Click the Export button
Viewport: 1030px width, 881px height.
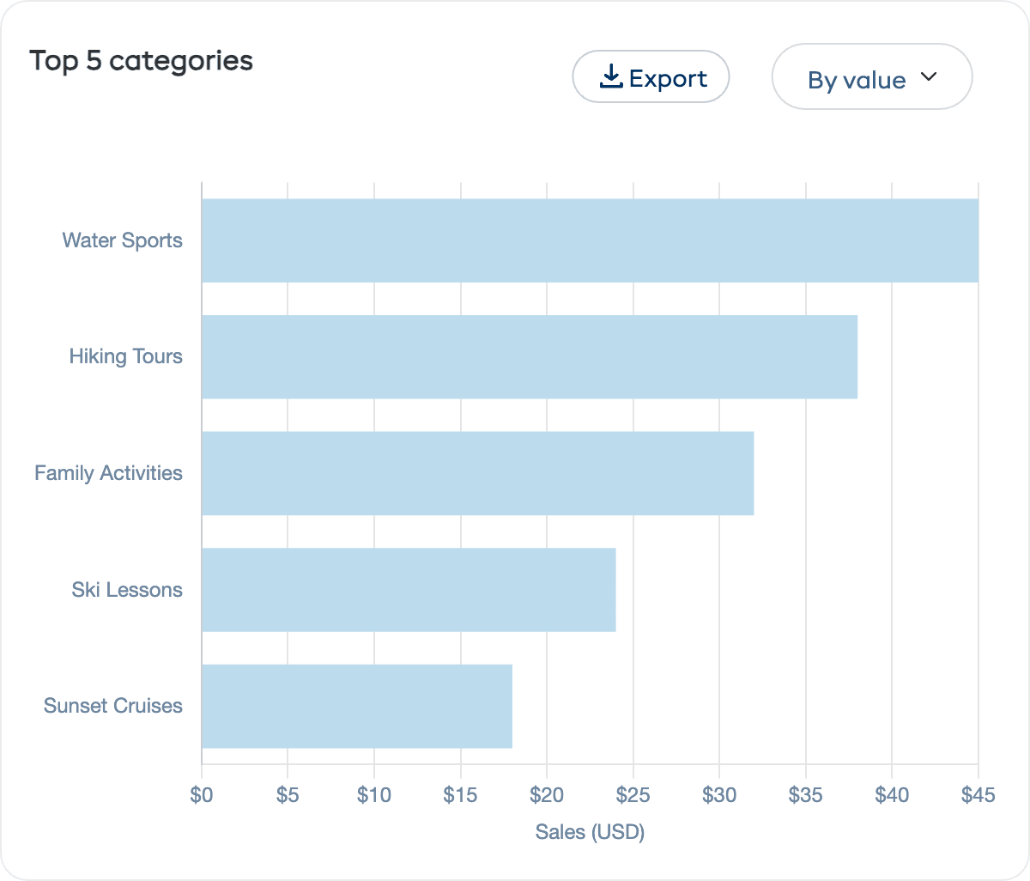point(651,77)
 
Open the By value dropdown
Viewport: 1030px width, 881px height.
point(871,77)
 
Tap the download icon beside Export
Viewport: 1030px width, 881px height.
point(611,77)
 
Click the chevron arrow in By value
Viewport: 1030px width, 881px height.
point(929,76)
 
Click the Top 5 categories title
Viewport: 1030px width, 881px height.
point(141,61)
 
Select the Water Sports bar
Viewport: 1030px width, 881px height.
point(590,240)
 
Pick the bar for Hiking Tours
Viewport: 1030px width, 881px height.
point(530,356)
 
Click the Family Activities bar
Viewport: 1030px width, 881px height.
point(477,473)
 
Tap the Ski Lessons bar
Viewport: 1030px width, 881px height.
point(409,590)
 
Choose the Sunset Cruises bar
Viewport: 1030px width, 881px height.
point(357,706)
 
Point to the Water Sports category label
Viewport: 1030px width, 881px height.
point(122,240)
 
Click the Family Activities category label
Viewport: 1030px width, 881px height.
point(108,473)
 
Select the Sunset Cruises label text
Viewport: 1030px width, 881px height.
point(112,706)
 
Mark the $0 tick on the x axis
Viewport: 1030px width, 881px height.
point(202,795)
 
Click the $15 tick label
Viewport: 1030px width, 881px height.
point(461,795)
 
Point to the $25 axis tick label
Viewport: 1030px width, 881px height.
point(633,795)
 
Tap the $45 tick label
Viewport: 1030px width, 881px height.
point(978,795)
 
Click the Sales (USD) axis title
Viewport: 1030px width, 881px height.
point(590,831)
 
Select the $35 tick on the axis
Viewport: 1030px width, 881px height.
point(805,795)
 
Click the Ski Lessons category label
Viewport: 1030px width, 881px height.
point(127,590)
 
